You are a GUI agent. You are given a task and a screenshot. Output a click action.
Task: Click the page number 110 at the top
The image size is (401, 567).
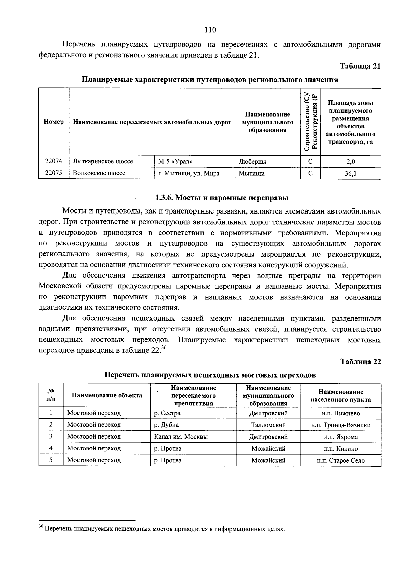[210, 30]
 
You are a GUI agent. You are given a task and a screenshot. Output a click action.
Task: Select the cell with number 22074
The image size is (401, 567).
[54, 162]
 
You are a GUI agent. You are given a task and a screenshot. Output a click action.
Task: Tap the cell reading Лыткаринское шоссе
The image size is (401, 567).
[103, 162]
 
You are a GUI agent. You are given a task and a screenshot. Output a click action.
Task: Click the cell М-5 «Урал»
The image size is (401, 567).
[176, 162]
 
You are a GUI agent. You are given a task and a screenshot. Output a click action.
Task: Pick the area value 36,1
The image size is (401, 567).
[350, 173]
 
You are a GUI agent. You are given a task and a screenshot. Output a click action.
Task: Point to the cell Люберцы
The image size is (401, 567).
[252, 162]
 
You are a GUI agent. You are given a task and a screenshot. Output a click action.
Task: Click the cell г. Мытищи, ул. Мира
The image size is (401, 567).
[189, 173]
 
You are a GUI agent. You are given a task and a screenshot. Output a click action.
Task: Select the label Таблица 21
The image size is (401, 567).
[360, 66]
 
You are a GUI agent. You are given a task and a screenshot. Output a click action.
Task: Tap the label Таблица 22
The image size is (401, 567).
[360, 362]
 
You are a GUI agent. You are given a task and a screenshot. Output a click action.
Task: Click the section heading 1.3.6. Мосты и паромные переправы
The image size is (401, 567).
[222, 198]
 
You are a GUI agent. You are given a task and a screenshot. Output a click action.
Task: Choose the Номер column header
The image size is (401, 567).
[54, 122]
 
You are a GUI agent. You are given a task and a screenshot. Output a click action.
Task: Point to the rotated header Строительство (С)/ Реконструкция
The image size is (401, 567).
[310, 122]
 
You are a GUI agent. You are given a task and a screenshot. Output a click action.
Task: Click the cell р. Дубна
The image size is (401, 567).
[166, 425]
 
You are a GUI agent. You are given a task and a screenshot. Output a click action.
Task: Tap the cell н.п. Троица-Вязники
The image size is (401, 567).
[341, 425]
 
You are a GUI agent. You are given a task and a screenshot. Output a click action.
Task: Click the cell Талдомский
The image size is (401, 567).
[268, 425]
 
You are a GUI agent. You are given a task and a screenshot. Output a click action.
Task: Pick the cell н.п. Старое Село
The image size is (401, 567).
[341, 461]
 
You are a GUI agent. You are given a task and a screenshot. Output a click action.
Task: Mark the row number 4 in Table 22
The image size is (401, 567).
[51, 448]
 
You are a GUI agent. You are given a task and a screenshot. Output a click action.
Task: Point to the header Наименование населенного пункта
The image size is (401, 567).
[341, 396]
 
